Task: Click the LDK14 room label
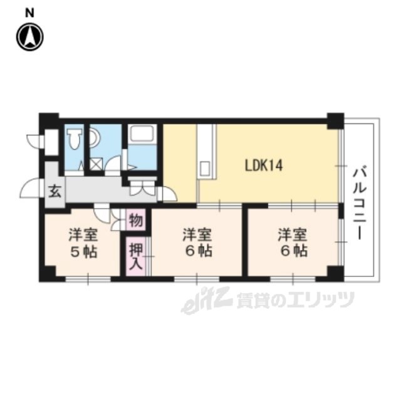point(264,165)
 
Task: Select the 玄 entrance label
point(55,191)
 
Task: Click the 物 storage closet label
point(136,220)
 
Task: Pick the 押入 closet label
point(136,256)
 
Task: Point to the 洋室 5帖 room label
point(83,243)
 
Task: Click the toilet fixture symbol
point(74,138)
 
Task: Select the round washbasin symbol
point(95,138)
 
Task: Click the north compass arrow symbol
point(30,38)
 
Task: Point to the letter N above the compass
point(29,13)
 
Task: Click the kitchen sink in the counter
point(206,168)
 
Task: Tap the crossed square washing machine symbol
point(96,164)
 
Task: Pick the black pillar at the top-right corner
point(336,121)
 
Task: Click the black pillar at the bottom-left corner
point(48,274)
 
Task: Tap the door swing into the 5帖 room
point(102,213)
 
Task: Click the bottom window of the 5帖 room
point(88,279)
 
